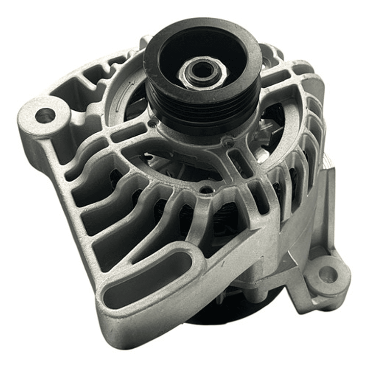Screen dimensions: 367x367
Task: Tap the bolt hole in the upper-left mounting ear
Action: point(45,115)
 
